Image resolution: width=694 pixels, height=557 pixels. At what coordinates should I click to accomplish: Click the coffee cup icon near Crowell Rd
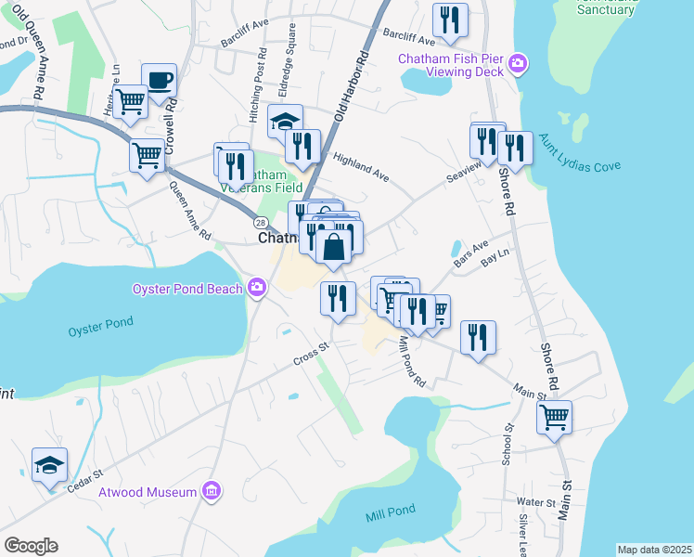click(158, 80)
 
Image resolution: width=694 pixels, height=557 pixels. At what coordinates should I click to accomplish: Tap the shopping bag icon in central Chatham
click(334, 247)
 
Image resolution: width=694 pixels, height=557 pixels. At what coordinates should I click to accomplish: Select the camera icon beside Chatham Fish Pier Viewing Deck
click(518, 65)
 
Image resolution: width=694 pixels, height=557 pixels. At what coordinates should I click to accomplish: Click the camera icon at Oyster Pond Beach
click(256, 288)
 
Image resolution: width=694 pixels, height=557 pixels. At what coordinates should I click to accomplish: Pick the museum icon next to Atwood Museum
click(212, 491)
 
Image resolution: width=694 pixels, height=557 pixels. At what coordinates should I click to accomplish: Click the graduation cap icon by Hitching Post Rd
click(286, 122)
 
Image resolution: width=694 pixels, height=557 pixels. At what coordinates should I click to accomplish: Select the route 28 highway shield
click(261, 222)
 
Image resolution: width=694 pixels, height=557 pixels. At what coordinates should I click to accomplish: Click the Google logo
click(31, 546)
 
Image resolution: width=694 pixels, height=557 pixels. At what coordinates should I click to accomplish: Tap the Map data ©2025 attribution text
click(654, 550)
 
